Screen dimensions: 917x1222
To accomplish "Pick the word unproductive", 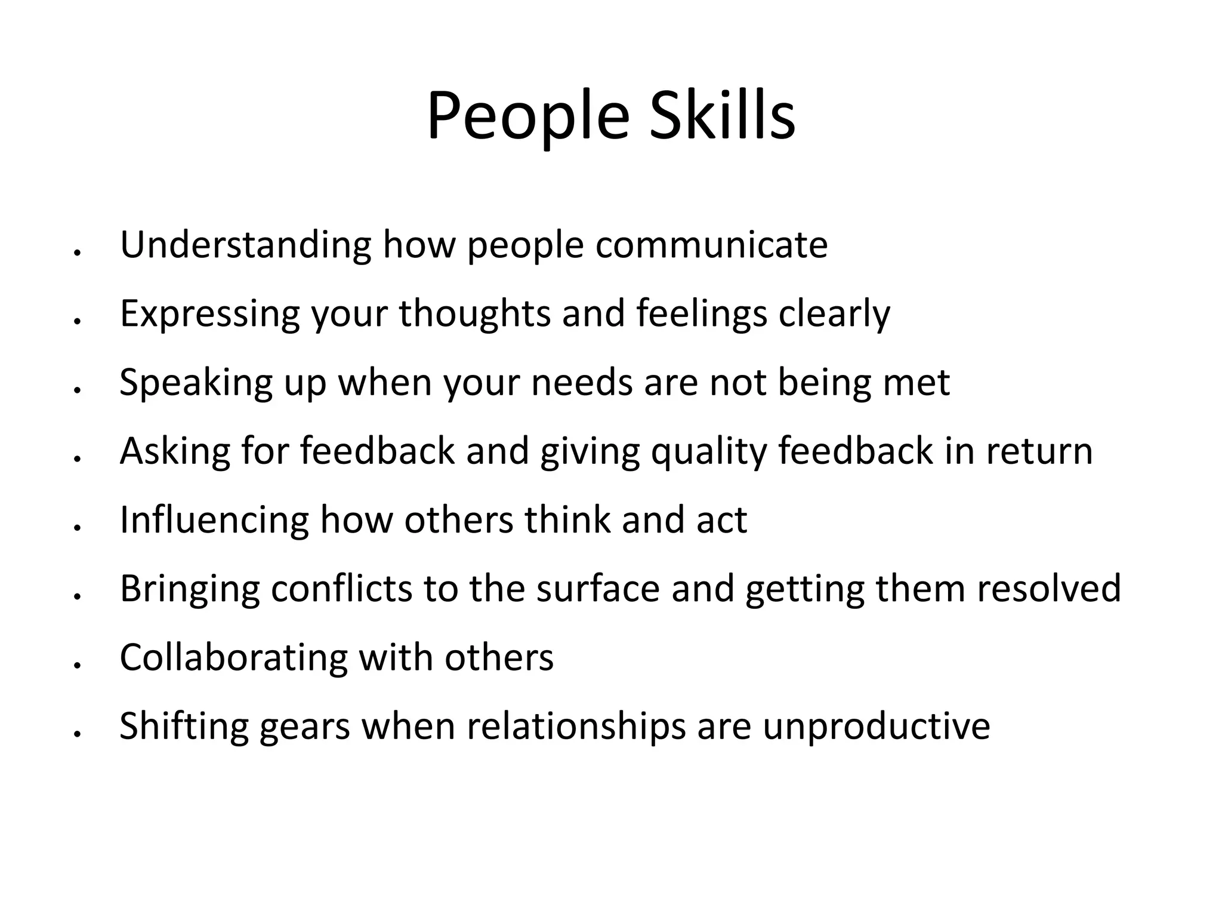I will (876, 726).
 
